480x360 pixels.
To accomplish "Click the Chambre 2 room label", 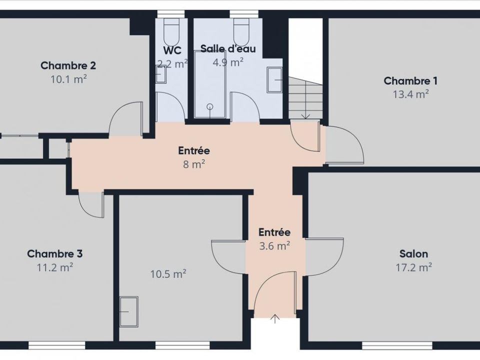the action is pyautogui.click(x=68, y=65).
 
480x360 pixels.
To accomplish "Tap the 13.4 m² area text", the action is pyautogui.click(x=410, y=94).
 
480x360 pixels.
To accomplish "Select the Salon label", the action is pyautogui.click(x=413, y=254).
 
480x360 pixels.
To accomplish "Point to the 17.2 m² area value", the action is pyautogui.click(x=413, y=267).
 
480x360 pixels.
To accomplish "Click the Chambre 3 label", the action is pyautogui.click(x=54, y=254).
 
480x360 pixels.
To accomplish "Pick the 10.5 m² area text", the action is pyautogui.click(x=168, y=274).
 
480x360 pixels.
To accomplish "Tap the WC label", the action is pyautogui.click(x=172, y=50).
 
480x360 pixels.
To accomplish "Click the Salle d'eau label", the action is pyautogui.click(x=228, y=48).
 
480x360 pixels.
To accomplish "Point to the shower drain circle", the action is pyautogui.click(x=209, y=106).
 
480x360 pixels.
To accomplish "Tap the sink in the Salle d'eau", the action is pyautogui.click(x=274, y=80).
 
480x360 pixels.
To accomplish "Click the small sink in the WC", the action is pyautogui.click(x=160, y=74).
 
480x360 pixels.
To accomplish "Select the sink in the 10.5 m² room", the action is pyautogui.click(x=129, y=311).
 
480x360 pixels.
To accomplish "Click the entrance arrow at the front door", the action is pyautogui.click(x=275, y=318).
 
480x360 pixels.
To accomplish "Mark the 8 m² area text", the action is pyautogui.click(x=194, y=164).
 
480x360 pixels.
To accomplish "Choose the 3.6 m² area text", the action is pyautogui.click(x=274, y=246).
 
